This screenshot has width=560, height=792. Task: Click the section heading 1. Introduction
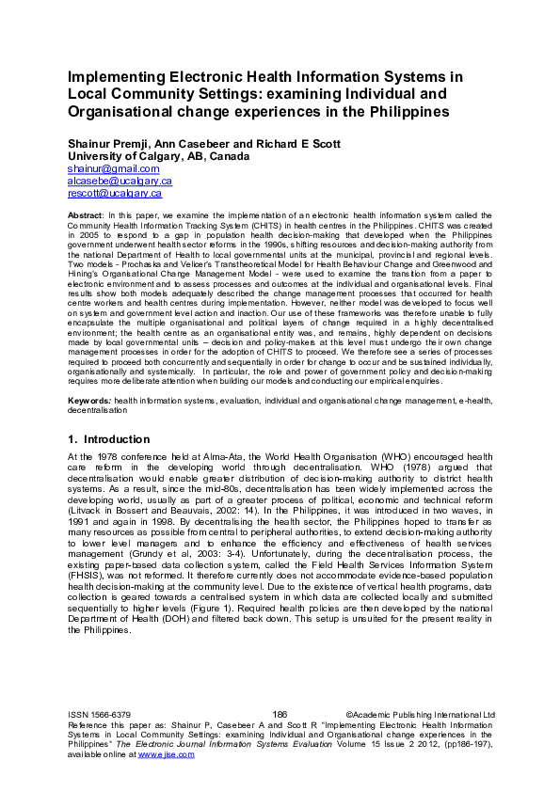pos(108,439)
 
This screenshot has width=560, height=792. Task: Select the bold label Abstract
pos(86,216)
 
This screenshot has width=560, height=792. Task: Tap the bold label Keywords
pos(89,401)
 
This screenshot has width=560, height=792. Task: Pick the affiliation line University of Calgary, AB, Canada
pos(158,156)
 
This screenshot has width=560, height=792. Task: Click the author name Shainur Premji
pos(108,144)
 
